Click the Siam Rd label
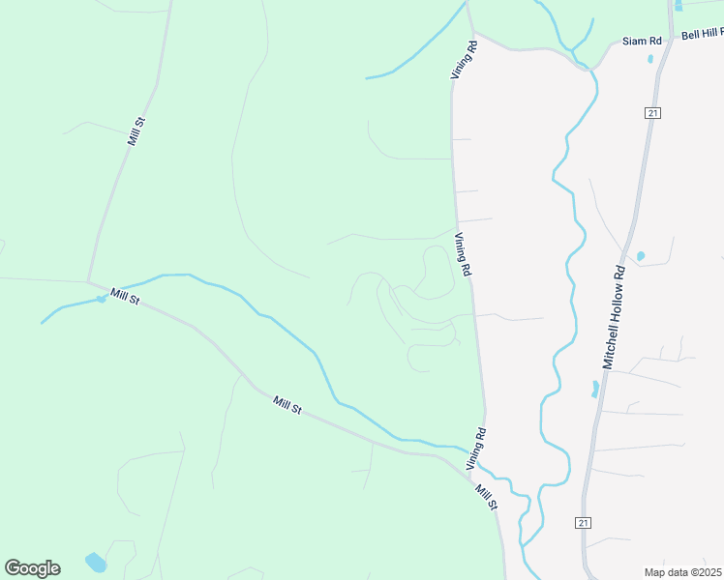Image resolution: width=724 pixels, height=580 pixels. point(642,42)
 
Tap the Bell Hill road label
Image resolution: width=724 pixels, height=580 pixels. point(702,34)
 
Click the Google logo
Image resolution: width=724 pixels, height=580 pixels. point(32,568)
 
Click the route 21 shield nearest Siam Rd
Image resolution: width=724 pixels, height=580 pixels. point(653,113)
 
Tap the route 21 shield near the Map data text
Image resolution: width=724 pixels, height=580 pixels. point(583,523)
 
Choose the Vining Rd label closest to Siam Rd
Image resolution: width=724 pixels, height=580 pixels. point(465,59)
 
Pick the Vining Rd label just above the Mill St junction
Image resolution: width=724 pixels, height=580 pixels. point(475,449)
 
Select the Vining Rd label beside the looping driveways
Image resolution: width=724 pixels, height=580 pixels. point(463,256)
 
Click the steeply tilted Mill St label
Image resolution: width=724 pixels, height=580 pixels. point(136,130)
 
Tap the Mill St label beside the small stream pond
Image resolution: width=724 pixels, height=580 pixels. point(125,297)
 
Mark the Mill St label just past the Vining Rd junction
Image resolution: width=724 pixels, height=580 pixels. point(486,497)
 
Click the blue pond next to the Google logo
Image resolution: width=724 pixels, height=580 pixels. point(95,561)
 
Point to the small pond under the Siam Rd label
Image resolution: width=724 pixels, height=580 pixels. point(650,58)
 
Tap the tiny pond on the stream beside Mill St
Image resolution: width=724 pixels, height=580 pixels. point(100,299)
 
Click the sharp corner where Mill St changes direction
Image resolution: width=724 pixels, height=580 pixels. point(89,282)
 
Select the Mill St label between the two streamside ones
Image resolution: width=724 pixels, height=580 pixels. point(287,405)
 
